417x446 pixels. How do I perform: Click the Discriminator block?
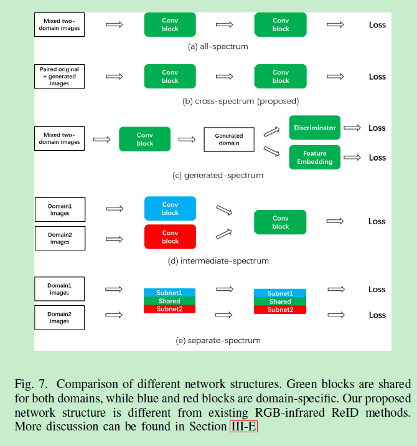pyautogui.click(x=314, y=128)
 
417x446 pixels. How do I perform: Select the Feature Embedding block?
pyautogui.click(x=314, y=158)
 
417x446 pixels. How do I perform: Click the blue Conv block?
pyautogui.click(x=170, y=209)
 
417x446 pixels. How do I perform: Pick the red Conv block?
pyautogui.click(x=170, y=237)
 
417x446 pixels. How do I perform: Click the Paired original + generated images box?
pyautogui.click(x=59, y=77)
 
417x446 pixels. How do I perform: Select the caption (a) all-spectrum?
pyautogui.click(x=218, y=47)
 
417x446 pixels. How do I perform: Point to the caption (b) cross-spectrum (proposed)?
pyautogui.click(x=240, y=101)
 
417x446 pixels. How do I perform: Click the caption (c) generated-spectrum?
pyautogui.click(x=218, y=176)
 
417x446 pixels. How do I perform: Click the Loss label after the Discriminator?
pyautogui.click(x=377, y=128)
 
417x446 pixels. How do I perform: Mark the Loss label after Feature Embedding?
pyautogui.click(x=377, y=158)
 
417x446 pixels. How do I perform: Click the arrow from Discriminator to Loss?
pyautogui.click(x=352, y=128)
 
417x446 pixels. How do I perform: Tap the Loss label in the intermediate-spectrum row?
pyautogui.click(x=377, y=221)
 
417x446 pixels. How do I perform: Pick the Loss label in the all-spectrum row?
pyautogui.click(x=377, y=25)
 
